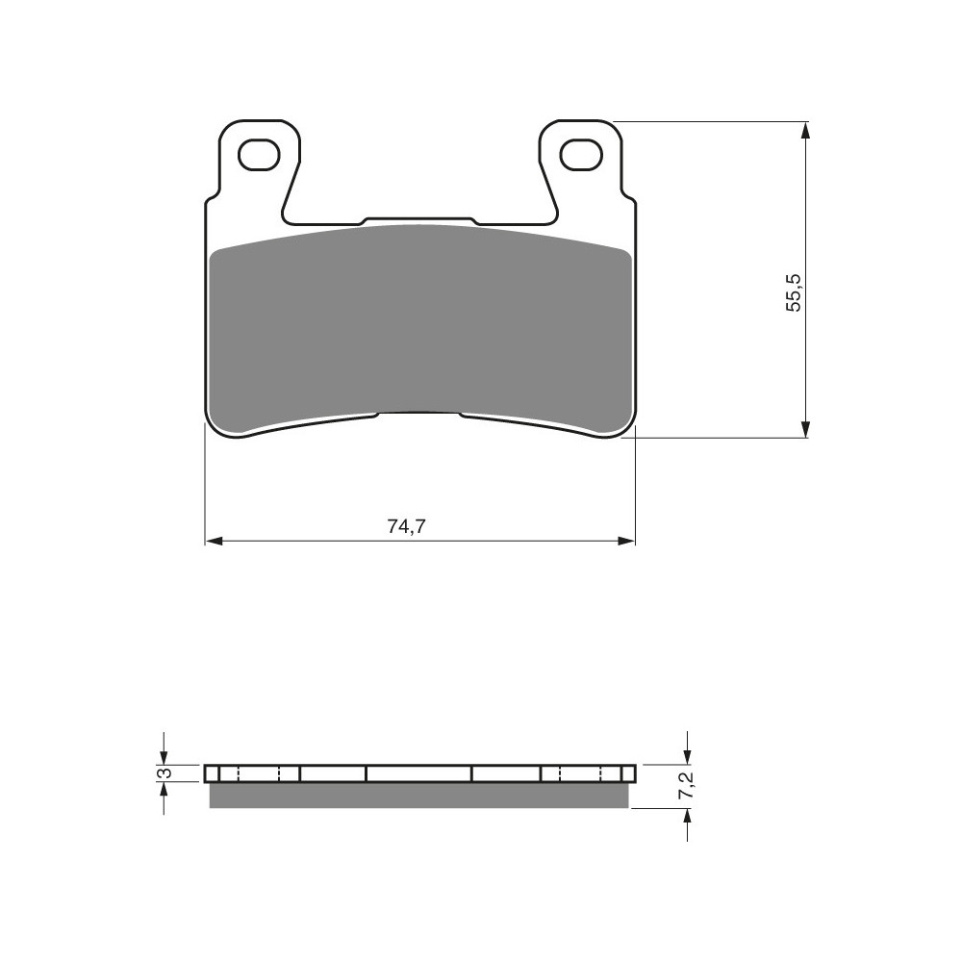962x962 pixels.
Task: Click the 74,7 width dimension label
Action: coord(406,526)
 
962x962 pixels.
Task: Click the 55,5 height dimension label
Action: coord(794,292)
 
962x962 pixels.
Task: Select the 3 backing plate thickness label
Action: coord(164,773)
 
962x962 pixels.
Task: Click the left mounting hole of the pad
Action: coord(258,154)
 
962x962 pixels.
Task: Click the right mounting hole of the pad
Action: coord(580,154)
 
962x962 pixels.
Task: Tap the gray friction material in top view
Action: coord(419,325)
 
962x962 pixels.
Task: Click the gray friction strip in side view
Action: coord(419,796)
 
